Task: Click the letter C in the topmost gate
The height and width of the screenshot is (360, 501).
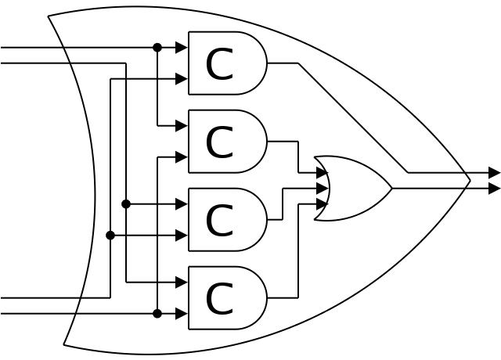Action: (219, 64)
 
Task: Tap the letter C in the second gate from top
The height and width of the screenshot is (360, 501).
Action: (219, 142)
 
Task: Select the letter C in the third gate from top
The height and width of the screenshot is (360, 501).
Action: (219, 221)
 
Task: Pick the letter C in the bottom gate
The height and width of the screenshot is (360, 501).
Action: (219, 299)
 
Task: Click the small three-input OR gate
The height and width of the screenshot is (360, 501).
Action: (352, 188)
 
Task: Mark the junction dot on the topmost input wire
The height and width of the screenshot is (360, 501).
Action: (157, 48)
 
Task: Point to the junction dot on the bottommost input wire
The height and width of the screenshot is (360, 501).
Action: (157, 314)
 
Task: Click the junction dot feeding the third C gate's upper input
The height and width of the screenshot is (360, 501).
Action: (126, 204)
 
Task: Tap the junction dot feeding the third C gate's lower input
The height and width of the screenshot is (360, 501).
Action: (110, 236)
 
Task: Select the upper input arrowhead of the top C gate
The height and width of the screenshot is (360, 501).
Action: (182, 48)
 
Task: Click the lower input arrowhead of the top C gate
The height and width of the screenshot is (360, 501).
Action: (182, 79)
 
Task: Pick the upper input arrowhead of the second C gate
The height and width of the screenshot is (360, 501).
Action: (182, 126)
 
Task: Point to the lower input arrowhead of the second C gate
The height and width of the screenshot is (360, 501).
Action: (182, 157)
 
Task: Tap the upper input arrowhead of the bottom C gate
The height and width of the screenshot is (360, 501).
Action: (182, 283)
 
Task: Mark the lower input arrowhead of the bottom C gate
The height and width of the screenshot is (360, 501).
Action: (182, 314)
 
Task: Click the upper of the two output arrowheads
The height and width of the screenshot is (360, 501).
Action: (494, 173)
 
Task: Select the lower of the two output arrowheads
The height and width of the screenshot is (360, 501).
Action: (494, 189)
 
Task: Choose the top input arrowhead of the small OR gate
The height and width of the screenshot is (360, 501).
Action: (323, 173)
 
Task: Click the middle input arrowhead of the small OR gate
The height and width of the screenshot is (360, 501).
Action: (323, 189)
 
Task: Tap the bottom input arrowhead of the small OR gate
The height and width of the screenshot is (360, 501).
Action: (323, 204)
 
